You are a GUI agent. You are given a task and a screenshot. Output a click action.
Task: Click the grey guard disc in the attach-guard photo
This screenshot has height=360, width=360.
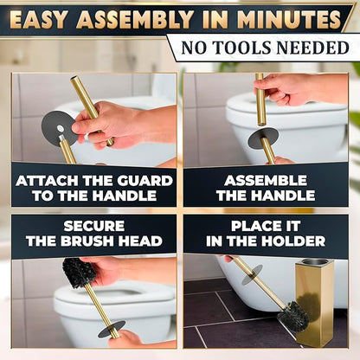57,127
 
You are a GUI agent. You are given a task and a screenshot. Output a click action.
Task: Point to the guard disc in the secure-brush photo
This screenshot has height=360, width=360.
111,329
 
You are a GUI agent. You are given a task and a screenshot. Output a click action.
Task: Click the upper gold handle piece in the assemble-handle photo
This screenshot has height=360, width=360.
260,100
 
